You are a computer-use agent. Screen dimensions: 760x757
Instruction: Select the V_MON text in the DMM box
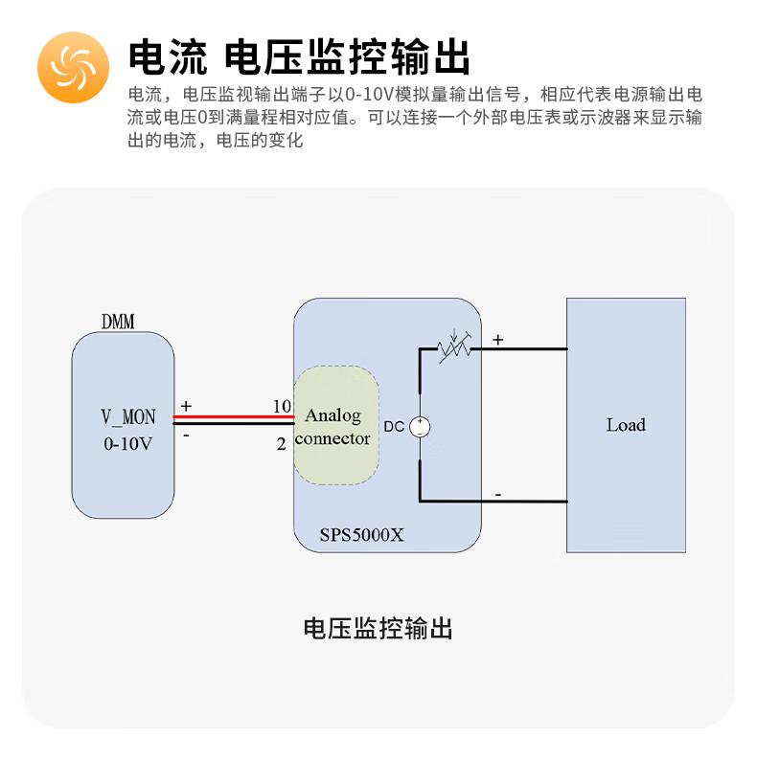pyautogui.click(x=128, y=417)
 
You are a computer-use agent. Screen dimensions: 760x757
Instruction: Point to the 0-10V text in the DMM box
pyautogui.click(x=128, y=444)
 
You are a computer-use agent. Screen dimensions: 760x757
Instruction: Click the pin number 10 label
pyautogui.click(x=282, y=406)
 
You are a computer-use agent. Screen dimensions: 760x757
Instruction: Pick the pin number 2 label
pyautogui.click(x=282, y=444)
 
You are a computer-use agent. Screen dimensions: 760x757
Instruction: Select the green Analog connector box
pyautogui.click(x=334, y=427)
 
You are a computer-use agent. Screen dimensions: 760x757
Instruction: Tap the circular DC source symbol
pyautogui.click(x=420, y=427)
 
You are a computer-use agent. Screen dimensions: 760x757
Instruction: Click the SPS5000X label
pyautogui.click(x=361, y=536)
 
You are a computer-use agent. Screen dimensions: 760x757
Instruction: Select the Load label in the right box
pyautogui.click(x=626, y=425)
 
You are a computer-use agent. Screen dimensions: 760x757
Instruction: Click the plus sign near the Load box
pyautogui.click(x=497, y=339)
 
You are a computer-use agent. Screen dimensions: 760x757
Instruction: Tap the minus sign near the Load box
pyautogui.click(x=497, y=494)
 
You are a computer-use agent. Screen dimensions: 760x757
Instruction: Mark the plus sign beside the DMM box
pyautogui.click(x=186, y=406)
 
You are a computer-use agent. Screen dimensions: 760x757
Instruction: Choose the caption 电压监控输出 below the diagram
pyautogui.click(x=378, y=629)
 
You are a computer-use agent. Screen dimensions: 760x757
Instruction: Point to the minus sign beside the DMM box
pyautogui.click(x=186, y=436)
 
